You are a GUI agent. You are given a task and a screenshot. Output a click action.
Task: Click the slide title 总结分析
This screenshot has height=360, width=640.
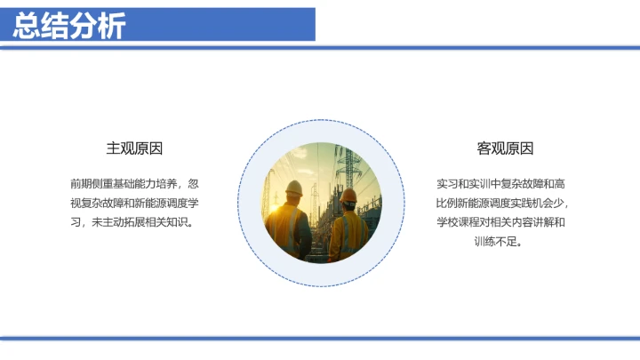70,26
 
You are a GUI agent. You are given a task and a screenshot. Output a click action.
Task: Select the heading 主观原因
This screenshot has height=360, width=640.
134,148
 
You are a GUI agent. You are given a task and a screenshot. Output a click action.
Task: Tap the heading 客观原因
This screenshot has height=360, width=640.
505,148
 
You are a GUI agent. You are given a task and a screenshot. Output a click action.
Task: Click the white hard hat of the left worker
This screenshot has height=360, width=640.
293,188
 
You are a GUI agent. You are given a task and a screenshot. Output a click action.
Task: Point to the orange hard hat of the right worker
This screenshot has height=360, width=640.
349,195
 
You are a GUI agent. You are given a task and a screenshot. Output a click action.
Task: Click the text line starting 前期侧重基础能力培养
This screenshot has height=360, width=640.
134,184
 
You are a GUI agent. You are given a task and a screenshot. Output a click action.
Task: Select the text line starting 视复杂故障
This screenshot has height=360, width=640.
134,203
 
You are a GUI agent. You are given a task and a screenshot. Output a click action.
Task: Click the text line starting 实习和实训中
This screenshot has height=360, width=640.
504,184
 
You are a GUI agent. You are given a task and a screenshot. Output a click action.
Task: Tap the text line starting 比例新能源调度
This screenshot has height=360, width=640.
504,203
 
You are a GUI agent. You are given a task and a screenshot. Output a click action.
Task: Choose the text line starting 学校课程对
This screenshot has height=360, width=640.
504,221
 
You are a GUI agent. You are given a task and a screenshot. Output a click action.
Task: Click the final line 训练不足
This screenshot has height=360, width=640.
504,240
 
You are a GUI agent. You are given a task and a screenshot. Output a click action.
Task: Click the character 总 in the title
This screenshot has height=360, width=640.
28,26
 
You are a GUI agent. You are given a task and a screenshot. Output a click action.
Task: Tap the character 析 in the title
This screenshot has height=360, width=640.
112,26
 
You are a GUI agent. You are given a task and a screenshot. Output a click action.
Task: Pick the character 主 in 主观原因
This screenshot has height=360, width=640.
114,148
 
